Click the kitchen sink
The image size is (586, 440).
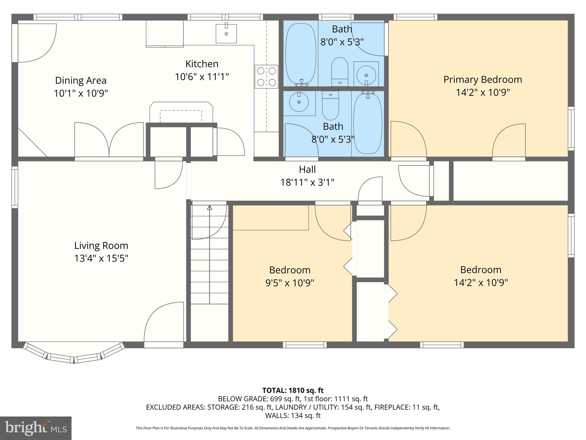[x=226, y=34]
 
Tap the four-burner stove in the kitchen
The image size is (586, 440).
[x=266, y=76]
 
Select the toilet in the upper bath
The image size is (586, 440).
[x=340, y=72]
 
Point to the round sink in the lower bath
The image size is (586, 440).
[x=299, y=102]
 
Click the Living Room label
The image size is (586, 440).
[x=101, y=245]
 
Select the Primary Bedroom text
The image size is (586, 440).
[x=482, y=79]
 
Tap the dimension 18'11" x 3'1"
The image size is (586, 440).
[x=307, y=182]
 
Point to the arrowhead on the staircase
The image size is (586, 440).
[x=209, y=208]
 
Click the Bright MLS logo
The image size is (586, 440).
[x=35, y=428]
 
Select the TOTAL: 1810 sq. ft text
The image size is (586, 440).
[x=293, y=390]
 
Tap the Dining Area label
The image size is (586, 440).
[x=81, y=80]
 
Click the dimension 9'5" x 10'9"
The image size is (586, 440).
[x=290, y=283]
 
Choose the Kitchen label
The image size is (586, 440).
[x=202, y=64]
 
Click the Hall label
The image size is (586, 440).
[x=307, y=169]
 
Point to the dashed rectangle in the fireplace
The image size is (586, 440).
[x=181, y=116]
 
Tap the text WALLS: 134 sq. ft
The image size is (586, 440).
[x=293, y=415]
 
